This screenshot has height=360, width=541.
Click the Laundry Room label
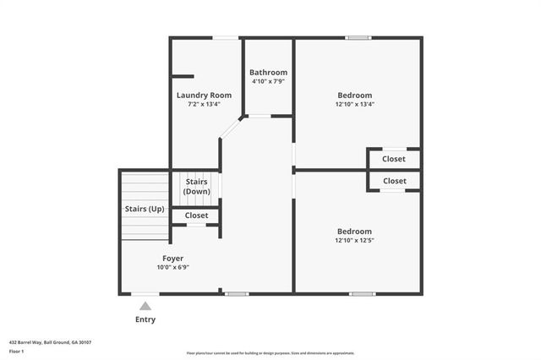(204, 95)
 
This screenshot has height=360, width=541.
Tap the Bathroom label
(268, 73)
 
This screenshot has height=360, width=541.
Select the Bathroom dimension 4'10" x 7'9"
(268, 82)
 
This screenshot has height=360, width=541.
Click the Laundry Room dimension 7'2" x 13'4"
(204, 105)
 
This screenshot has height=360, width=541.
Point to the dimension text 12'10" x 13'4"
(354, 105)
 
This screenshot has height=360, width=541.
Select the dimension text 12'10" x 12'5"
(354, 241)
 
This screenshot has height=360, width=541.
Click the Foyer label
(172, 258)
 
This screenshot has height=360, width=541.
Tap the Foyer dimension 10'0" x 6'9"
(172, 267)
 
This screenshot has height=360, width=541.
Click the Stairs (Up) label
(145, 209)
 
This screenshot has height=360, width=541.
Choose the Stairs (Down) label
(196, 187)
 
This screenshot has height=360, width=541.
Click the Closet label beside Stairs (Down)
(196, 215)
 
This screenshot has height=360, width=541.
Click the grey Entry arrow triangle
(145, 307)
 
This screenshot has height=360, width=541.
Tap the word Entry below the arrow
(145, 319)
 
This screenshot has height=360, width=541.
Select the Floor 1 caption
(16, 350)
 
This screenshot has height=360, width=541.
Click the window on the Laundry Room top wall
(224, 37)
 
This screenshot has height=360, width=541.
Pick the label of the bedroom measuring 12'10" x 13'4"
(354, 95)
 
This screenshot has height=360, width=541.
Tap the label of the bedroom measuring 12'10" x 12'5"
(354, 232)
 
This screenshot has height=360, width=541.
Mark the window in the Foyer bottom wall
(237, 293)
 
